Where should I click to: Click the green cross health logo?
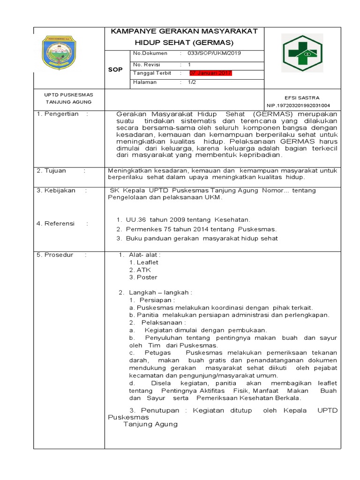301,52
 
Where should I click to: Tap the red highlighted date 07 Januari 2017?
210,74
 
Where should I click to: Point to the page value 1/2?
193,82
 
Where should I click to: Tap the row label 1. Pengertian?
59,114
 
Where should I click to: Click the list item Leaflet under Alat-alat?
147,262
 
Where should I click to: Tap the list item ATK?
143,270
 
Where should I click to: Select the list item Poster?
146,277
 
